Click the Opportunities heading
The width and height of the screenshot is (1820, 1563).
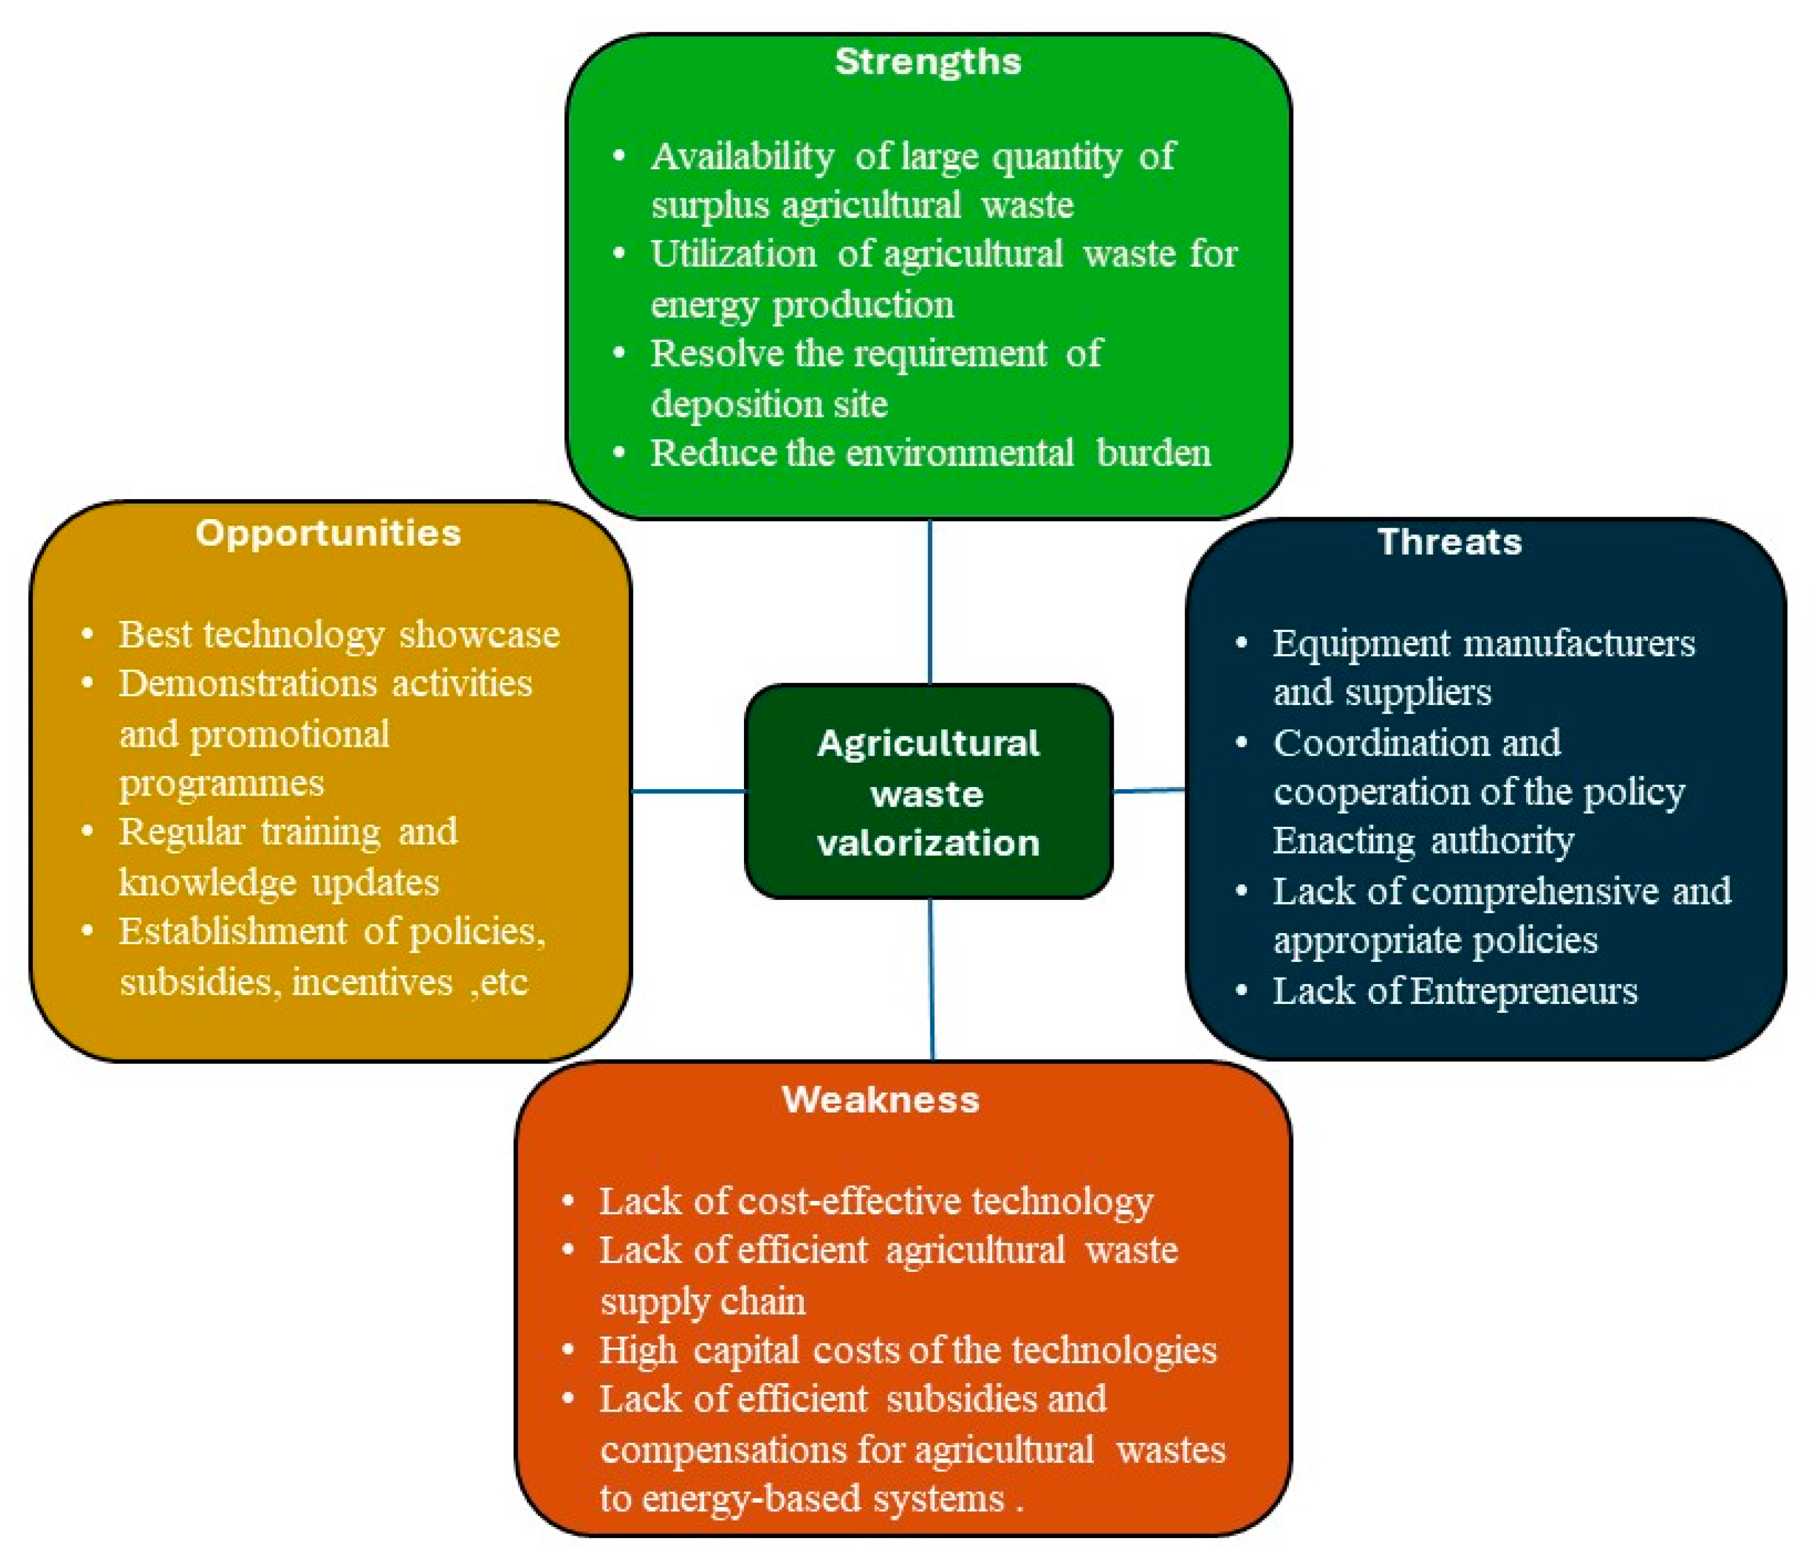pos(328,533)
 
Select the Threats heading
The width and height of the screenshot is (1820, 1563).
pos(1449,542)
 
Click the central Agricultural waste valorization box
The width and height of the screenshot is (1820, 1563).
pos(928,792)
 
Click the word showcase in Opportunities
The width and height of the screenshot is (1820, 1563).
pos(479,635)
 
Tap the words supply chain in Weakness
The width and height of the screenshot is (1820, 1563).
pos(703,1300)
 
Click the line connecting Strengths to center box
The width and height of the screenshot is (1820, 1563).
pos(929,601)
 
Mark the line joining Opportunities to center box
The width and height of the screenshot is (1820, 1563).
pos(688,791)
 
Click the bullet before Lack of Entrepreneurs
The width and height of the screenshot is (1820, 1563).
pos(1241,990)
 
